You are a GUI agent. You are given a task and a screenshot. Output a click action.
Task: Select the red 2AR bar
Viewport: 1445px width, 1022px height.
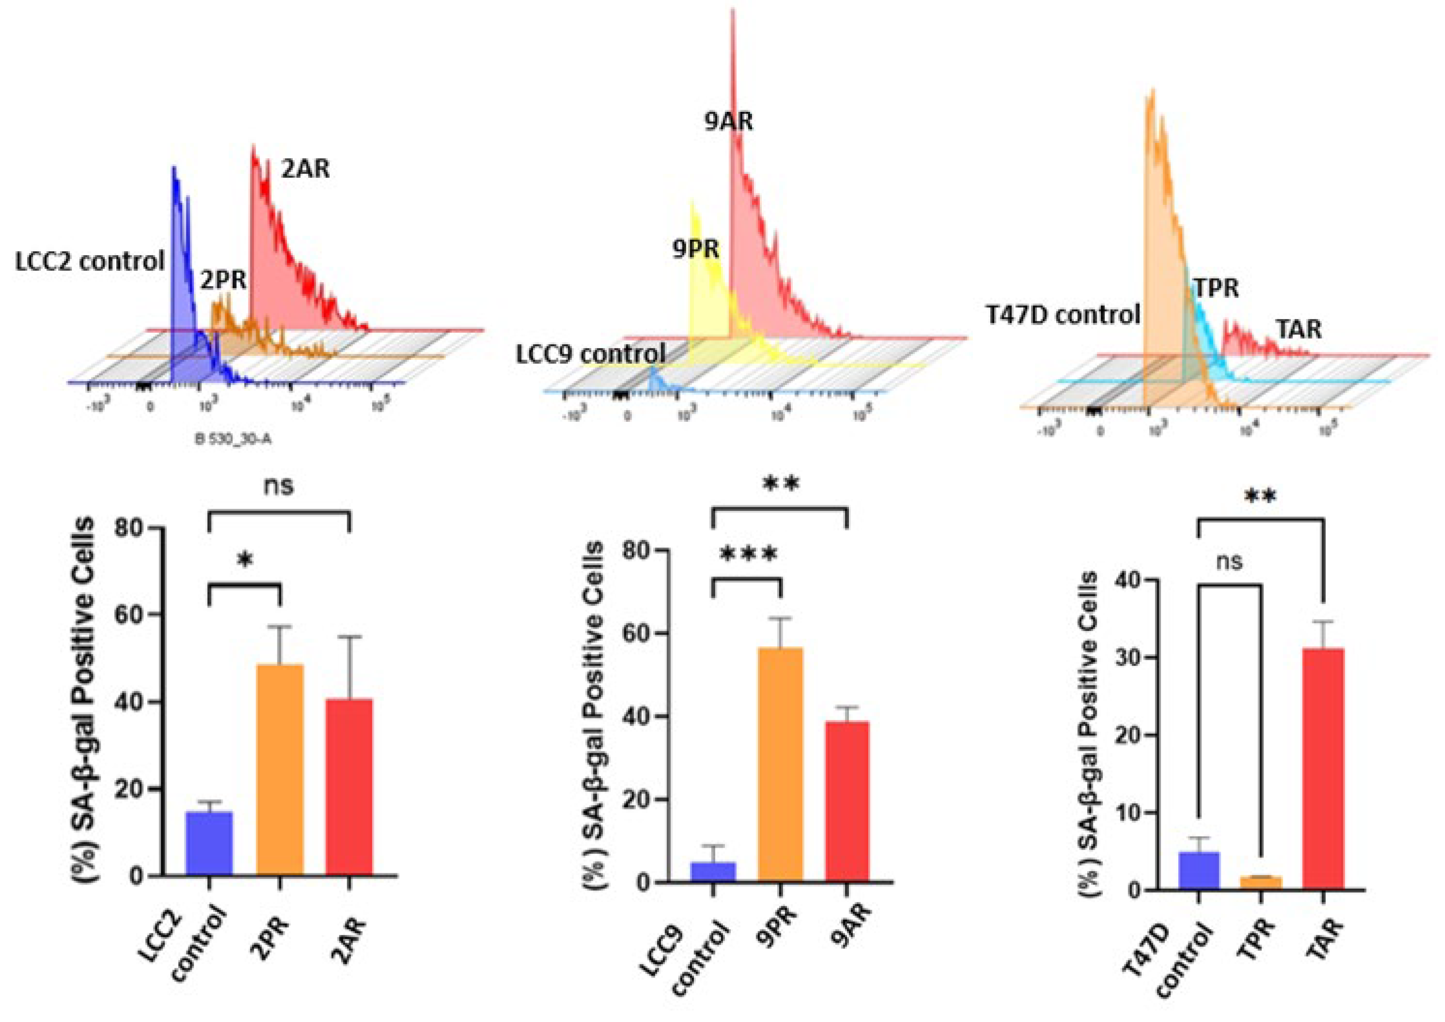pyautogui.click(x=349, y=787)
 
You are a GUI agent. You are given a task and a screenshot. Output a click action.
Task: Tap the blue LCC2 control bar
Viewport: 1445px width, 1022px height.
pyautogui.click(x=209, y=843)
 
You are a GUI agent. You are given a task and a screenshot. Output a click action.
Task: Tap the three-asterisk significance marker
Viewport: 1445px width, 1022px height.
pyautogui.click(x=748, y=554)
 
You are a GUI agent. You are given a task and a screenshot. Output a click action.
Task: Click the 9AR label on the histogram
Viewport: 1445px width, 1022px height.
pyautogui.click(x=728, y=121)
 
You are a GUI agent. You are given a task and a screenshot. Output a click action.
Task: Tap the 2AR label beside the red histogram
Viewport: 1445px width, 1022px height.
pyautogui.click(x=305, y=168)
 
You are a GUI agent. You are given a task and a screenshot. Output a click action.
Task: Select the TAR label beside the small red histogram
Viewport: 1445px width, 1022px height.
pyautogui.click(x=1299, y=329)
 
